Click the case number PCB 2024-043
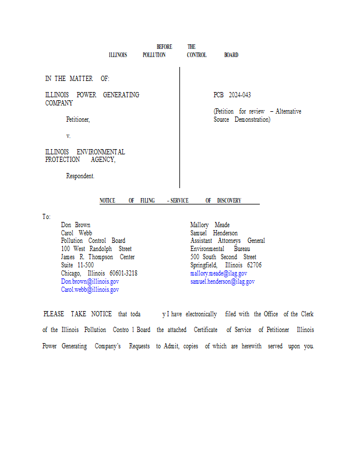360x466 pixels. [232, 95]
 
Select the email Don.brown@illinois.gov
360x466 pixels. [90, 281]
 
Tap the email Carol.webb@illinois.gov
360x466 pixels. [90, 290]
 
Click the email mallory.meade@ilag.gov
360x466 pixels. [218, 273]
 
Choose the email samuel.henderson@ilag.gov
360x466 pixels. [222, 281]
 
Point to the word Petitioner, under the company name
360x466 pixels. [77, 119]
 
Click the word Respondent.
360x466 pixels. [80, 176]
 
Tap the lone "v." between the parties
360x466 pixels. [68, 136]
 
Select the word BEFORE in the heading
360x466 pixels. [164, 47]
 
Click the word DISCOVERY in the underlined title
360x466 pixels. [229, 201]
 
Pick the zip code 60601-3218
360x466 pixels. [123, 273]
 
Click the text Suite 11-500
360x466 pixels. [77, 265]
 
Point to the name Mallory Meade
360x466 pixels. [210, 225]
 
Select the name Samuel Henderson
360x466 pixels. [214, 233]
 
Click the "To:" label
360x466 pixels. [47, 217]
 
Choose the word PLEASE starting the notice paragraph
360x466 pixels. [54, 314]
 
